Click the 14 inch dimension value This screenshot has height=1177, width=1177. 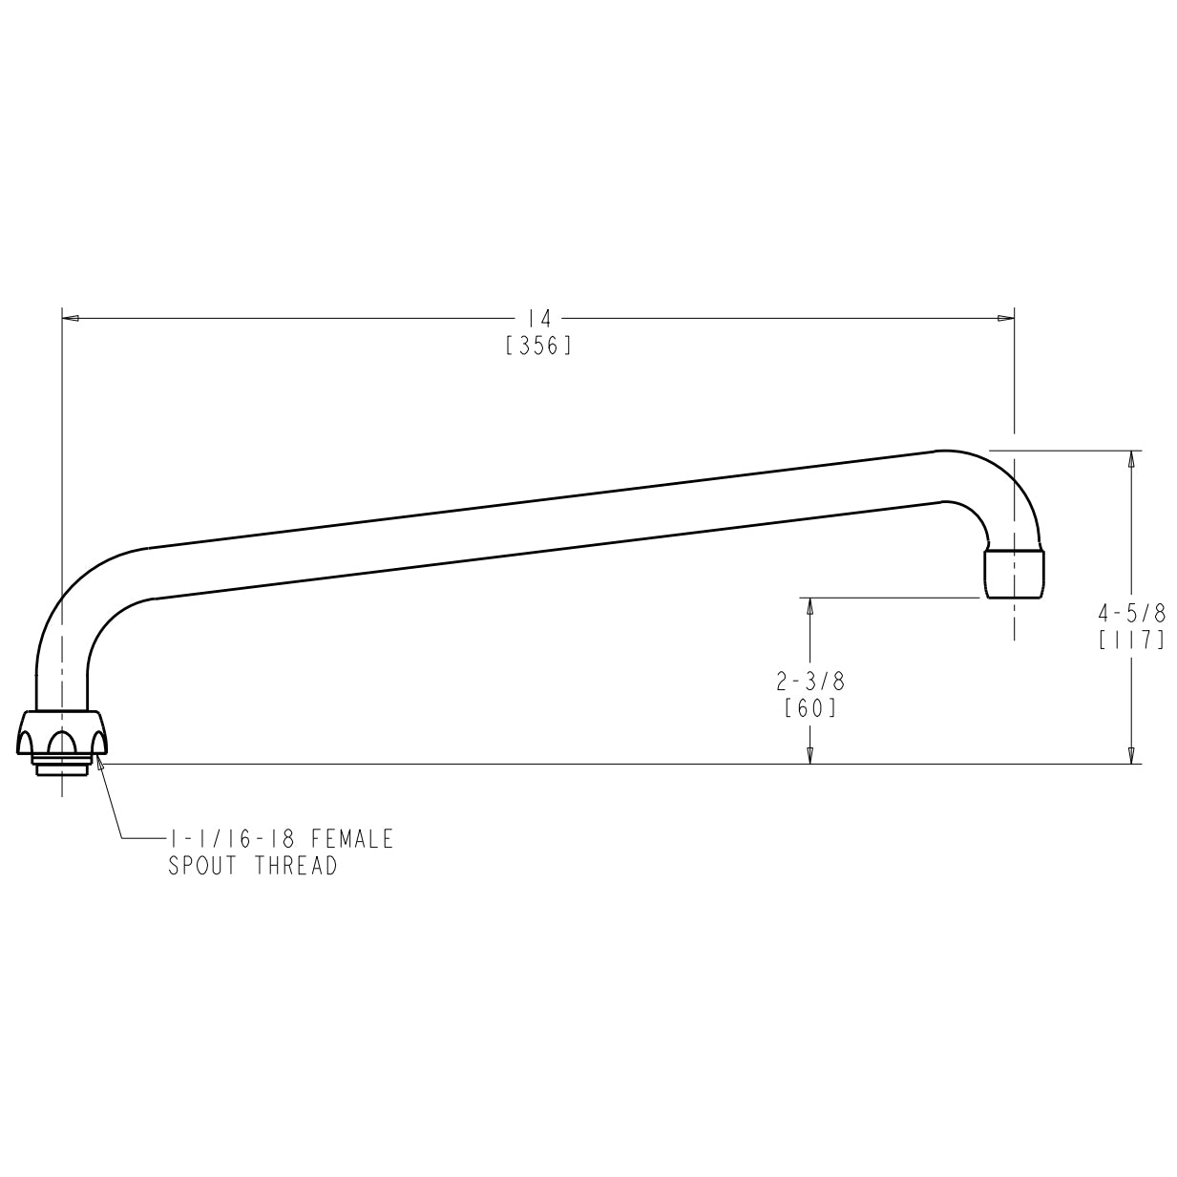(x=538, y=319)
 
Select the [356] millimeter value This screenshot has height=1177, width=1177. (x=538, y=346)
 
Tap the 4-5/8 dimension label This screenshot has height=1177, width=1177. (x=1131, y=612)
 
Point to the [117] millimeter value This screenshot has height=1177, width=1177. (x=1131, y=640)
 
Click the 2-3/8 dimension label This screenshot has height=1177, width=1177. (x=809, y=682)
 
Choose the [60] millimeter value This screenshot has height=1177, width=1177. (x=809, y=708)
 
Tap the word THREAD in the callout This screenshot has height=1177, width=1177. (x=296, y=867)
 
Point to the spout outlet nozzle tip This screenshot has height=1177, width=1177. (x=1014, y=573)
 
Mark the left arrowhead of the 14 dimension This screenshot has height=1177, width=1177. (x=70, y=319)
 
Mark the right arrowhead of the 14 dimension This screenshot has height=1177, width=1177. (x=1005, y=319)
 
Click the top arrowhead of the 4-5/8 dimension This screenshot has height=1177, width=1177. (x=1131, y=459)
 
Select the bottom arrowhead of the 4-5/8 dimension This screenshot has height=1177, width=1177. (x=1131, y=755)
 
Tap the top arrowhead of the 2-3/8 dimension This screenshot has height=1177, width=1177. (x=809, y=606)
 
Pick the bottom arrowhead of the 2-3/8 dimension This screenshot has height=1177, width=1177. (x=809, y=755)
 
